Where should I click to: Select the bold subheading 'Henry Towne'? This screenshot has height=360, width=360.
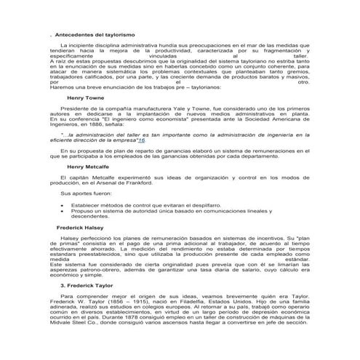tap(86, 97)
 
